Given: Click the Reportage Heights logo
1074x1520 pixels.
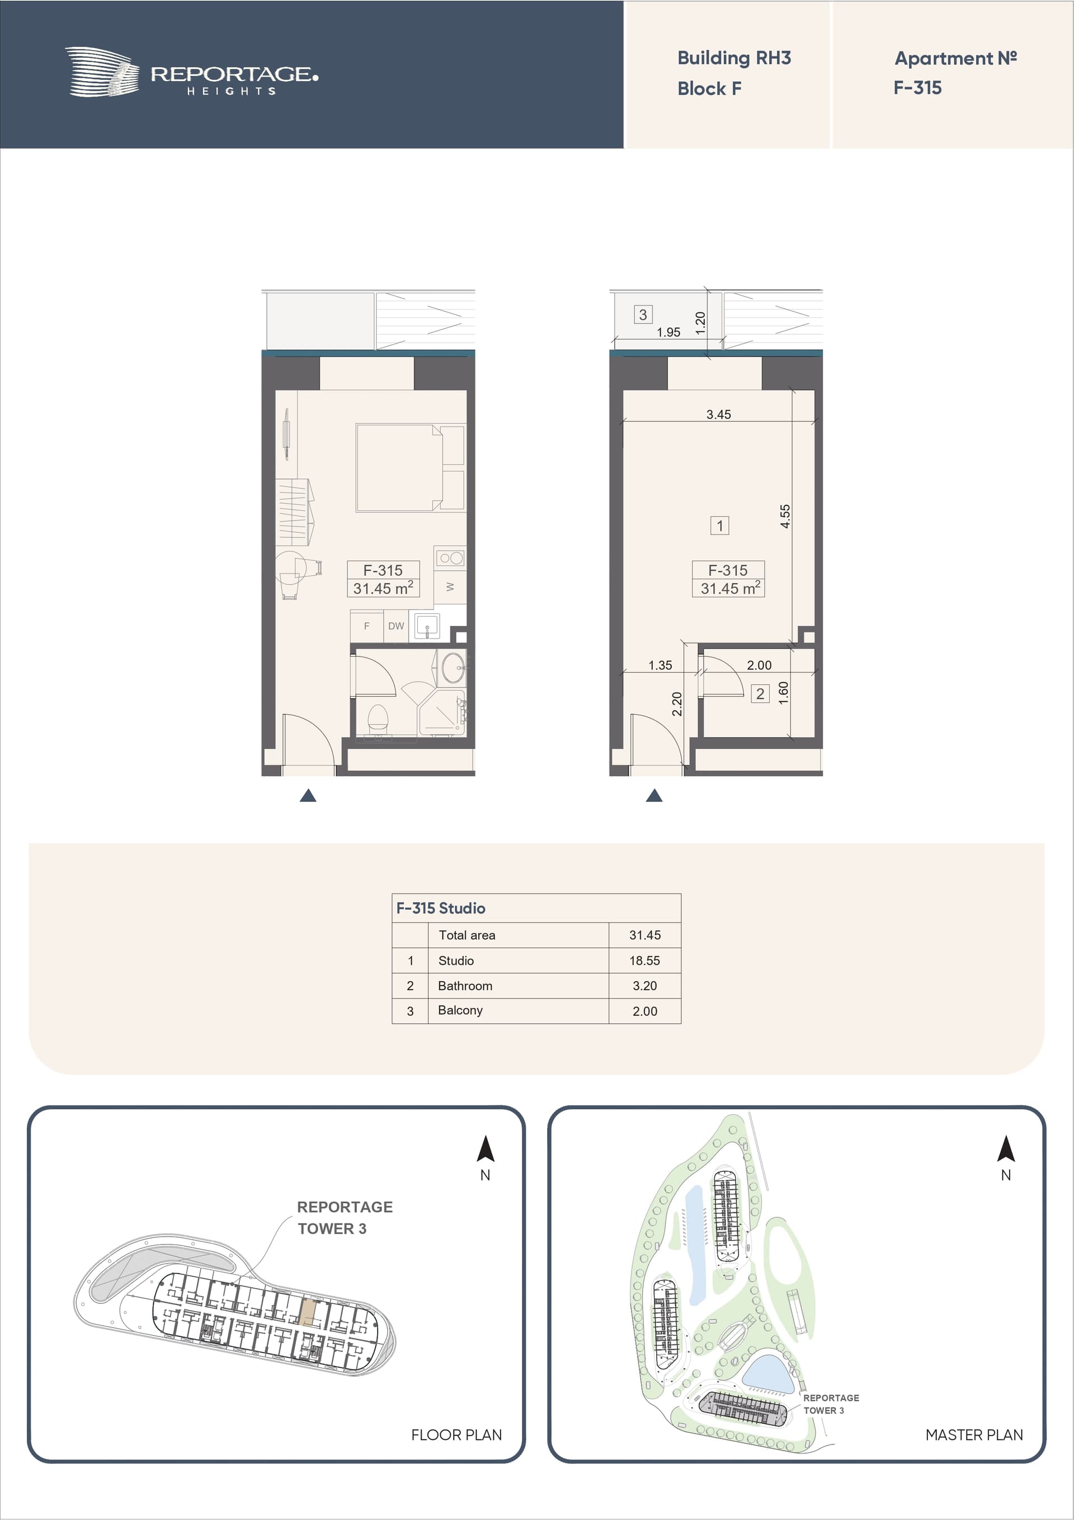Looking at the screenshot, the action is click(x=191, y=72).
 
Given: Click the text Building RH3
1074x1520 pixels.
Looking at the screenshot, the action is click(x=734, y=58).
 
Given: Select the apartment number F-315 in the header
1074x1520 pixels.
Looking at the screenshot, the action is click(x=917, y=87).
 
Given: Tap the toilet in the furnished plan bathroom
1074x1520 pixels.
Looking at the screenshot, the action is click(x=377, y=719).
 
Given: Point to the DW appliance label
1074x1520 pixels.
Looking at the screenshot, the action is click(x=395, y=626).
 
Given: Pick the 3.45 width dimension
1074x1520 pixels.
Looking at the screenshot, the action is click(x=719, y=415).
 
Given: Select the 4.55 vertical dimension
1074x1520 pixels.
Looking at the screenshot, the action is click(x=785, y=516).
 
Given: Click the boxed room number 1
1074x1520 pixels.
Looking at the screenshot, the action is click(x=720, y=526).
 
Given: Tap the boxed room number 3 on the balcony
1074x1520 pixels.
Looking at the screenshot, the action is click(x=643, y=315).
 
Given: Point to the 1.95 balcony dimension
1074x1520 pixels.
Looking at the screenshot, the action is click(x=668, y=332).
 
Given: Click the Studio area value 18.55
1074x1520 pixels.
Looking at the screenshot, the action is click(x=644, y=960).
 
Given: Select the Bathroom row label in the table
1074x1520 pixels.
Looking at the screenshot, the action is click(x=465, y=986).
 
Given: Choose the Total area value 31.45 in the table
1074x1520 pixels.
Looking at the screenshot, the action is click(x=645, y=935).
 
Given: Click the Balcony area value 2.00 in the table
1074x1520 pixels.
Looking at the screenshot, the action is click(x=645, y=1011).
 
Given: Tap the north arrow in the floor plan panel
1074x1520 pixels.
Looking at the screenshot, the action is click(x=486, y=1150).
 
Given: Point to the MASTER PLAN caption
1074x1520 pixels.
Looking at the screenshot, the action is click(x=974, y=1434).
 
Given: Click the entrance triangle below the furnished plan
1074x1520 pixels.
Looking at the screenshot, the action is click(x=308, y=796).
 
